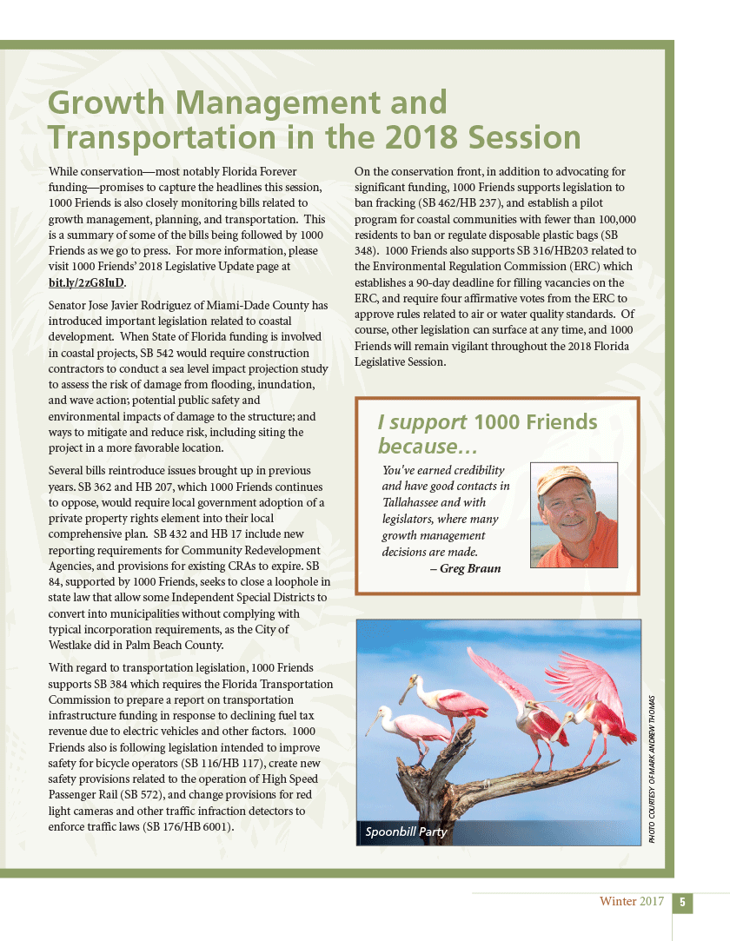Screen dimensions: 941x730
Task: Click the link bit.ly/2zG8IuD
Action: [87, 282]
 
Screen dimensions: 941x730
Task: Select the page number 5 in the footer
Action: [683, 902]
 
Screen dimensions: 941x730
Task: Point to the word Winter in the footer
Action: [618, 902]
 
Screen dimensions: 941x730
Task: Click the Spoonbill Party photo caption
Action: [406, 832]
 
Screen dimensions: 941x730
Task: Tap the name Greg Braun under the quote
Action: [470, 569]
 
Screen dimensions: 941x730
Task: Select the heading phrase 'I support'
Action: [421, 422]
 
